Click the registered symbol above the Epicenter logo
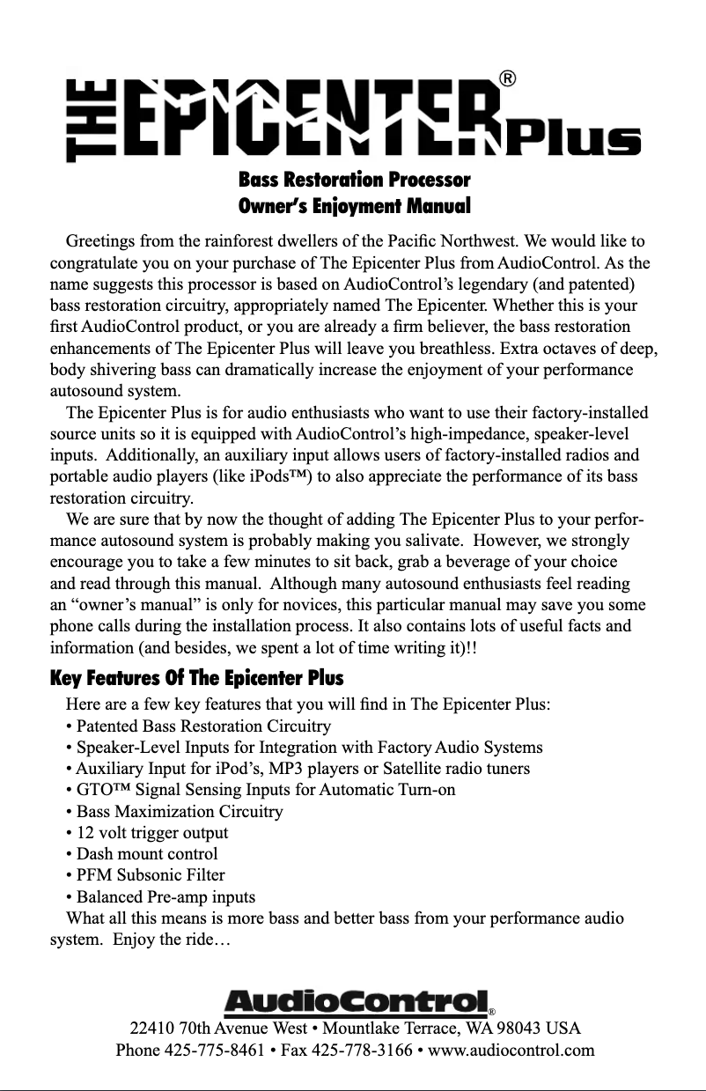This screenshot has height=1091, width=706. [507, 78]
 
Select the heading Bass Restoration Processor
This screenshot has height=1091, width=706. [354, 181]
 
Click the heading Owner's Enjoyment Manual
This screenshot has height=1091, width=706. [354, 208]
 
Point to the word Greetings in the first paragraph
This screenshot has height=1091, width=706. [101, 241]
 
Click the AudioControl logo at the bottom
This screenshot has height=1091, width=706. [357, 1002]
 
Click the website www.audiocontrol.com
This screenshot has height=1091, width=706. [511, 1050]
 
